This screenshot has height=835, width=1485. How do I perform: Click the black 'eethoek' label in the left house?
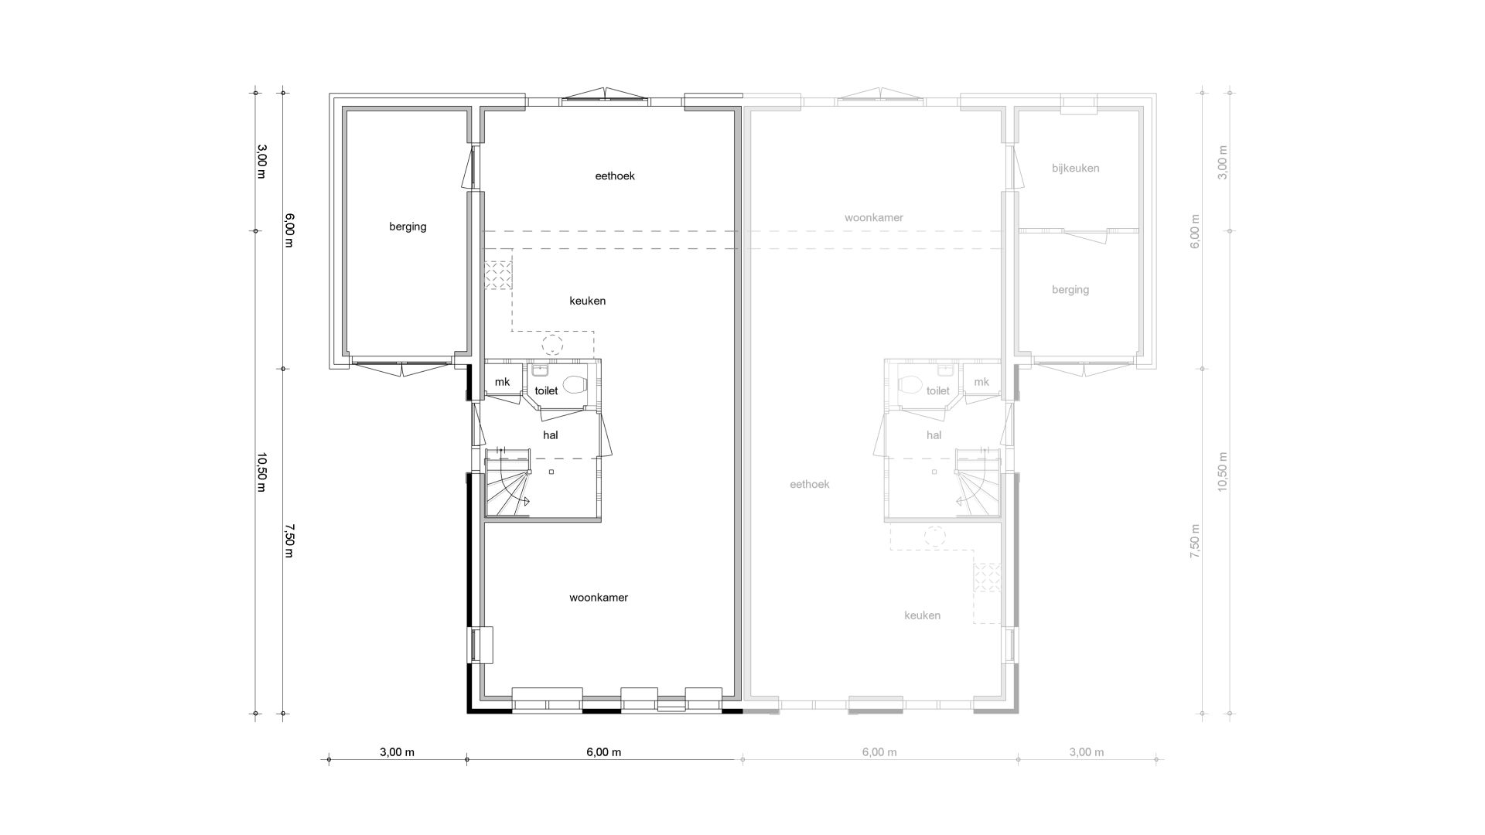coord(615,176)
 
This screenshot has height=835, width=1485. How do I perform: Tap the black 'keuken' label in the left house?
coord(588,301)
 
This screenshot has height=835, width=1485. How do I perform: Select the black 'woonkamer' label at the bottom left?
coord(599,598)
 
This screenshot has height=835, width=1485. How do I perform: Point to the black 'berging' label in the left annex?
coord(408,227)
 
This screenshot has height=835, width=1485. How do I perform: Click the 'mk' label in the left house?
coord(503,382)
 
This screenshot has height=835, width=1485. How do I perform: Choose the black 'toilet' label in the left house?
coord(546,391)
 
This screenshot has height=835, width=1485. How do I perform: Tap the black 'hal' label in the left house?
coord(551,435)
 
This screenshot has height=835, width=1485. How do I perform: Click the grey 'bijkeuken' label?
coord(1076,169)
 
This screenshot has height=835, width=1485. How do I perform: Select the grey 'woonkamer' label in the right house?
coord(874,218)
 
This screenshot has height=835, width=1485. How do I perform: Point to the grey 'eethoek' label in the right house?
coord(810,485)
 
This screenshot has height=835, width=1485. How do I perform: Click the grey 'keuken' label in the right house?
coord(923,615)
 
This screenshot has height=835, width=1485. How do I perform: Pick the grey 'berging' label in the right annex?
coord(1070,290)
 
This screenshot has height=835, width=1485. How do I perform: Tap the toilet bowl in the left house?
coord(575,384)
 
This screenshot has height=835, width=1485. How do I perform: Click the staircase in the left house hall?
coord(507,483)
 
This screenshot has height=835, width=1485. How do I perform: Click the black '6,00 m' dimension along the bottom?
coord(603,752)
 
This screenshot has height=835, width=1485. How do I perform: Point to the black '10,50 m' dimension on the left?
coord(261,472)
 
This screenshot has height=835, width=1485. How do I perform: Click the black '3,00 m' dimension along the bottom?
coord(397,752)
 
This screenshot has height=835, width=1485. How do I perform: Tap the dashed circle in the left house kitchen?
coord(552,345)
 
